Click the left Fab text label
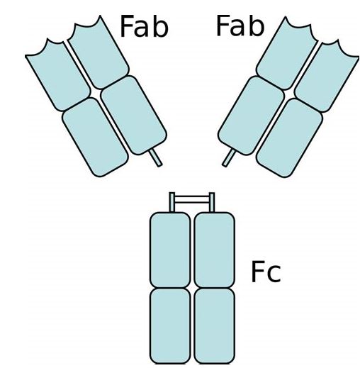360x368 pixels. [144, 26]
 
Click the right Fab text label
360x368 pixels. [240, 26]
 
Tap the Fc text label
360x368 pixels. [266, 272]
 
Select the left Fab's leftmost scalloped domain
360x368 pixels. [58, 76]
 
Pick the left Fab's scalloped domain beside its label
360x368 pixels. [99, 53]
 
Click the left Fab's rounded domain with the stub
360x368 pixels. [134, 116]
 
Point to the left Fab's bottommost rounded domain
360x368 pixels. [95, 138]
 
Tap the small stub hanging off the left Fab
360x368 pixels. [156, 157]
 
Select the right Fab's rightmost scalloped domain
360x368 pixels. [327, 77]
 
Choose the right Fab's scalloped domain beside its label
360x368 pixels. [287, 54]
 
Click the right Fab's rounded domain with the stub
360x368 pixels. [251, 116]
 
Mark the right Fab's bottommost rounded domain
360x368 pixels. [289, 138]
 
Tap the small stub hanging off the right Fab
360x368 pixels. [229, 158]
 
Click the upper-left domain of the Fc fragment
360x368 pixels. [170, 250]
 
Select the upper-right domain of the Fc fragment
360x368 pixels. [214, 250]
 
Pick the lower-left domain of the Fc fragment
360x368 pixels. [170, 326]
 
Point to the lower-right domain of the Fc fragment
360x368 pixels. [214, 326]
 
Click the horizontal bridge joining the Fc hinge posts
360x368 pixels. [192, 199]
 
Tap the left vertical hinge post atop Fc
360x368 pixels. [172, 202]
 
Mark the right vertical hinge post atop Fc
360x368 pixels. [212, 202]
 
